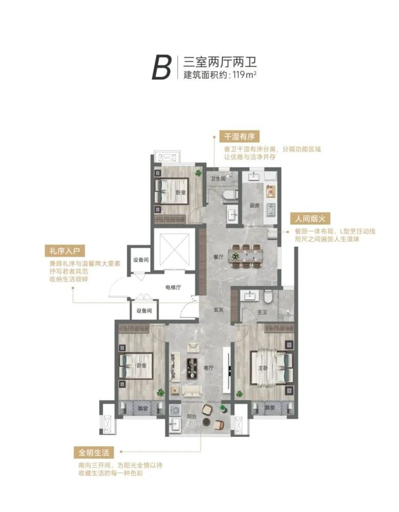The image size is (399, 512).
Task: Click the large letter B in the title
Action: click(x=161, y=68)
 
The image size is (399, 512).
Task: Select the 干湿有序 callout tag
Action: click(x=240, y=136)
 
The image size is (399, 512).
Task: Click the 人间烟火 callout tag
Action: click(x=310, y=219)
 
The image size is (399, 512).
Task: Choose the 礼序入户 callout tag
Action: click(x=65, y=251)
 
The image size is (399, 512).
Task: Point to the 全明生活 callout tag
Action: click(x=94, y=453)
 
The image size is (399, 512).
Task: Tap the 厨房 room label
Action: click(x=254, y=206)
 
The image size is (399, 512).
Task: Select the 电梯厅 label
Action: click(x=173, y=288)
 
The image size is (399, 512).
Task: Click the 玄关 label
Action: click(x=218, y=310)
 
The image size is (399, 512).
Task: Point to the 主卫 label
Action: click(x=262, y=312)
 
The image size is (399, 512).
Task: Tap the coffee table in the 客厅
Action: click(x=193, y=368)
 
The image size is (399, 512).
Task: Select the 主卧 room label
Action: click(x=263, y=368)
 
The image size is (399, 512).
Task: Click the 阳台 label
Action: click(x=192, y=417)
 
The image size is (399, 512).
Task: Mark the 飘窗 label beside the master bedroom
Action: click(x=269, y=408)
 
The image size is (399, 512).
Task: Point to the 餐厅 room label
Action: click(x=218, y=257)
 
